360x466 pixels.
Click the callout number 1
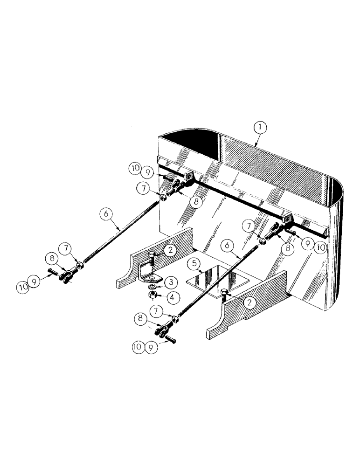260,126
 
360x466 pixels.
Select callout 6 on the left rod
106,214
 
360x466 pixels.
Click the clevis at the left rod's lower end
63,276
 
